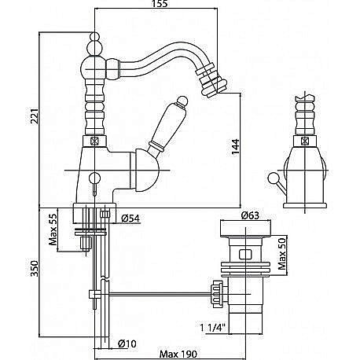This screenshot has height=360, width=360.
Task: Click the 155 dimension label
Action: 160,4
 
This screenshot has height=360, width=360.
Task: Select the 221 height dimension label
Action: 35,116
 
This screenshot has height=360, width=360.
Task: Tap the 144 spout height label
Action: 235,148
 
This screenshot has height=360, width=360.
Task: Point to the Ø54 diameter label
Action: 130,218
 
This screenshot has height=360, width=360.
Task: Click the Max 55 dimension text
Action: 53,230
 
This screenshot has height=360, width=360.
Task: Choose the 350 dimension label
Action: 35,268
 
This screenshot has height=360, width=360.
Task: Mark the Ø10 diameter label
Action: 127,343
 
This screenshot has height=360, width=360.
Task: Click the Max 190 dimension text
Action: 178,354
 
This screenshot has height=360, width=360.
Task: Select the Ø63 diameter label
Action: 250,215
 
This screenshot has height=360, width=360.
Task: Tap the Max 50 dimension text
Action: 282,255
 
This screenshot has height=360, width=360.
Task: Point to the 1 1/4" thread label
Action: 212,328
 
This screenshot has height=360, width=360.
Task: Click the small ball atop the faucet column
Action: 94,36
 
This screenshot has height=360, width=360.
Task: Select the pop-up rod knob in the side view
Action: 273,178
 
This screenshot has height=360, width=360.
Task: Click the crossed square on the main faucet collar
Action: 94,141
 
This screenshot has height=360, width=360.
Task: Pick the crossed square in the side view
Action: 305,141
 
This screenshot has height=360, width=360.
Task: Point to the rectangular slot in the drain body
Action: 245,254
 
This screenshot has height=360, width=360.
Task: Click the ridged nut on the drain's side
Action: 217,294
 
